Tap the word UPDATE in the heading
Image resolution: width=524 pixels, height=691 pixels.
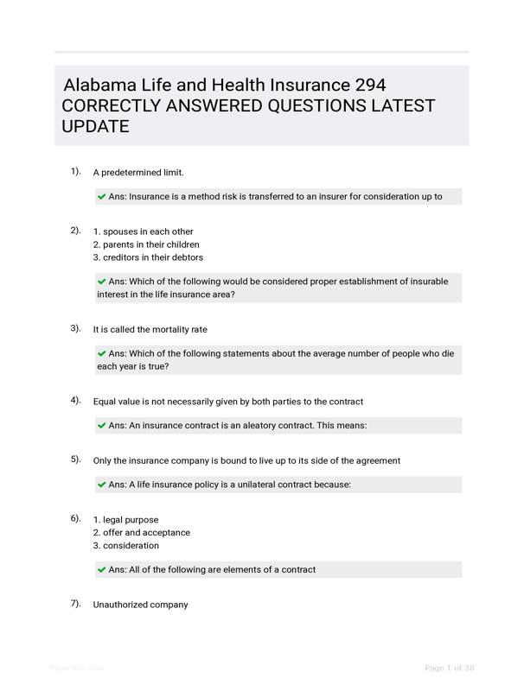(95, 127)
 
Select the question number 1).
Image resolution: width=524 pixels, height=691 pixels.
(76, 171)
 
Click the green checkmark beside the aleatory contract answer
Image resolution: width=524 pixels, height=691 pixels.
(102, 425)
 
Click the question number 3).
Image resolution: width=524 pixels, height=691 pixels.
(76, 328)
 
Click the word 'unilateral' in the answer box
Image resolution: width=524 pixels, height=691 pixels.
(247, 485)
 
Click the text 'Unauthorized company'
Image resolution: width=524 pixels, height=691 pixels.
(140, 605)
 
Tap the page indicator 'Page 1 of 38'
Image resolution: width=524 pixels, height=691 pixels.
(450, 668)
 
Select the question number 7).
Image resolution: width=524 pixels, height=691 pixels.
(76, 603)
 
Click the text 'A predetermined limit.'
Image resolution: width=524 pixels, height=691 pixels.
(138, 173)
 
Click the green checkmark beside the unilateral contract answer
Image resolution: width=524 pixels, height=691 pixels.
(102, 485)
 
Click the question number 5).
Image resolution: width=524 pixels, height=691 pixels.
(76, 460)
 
